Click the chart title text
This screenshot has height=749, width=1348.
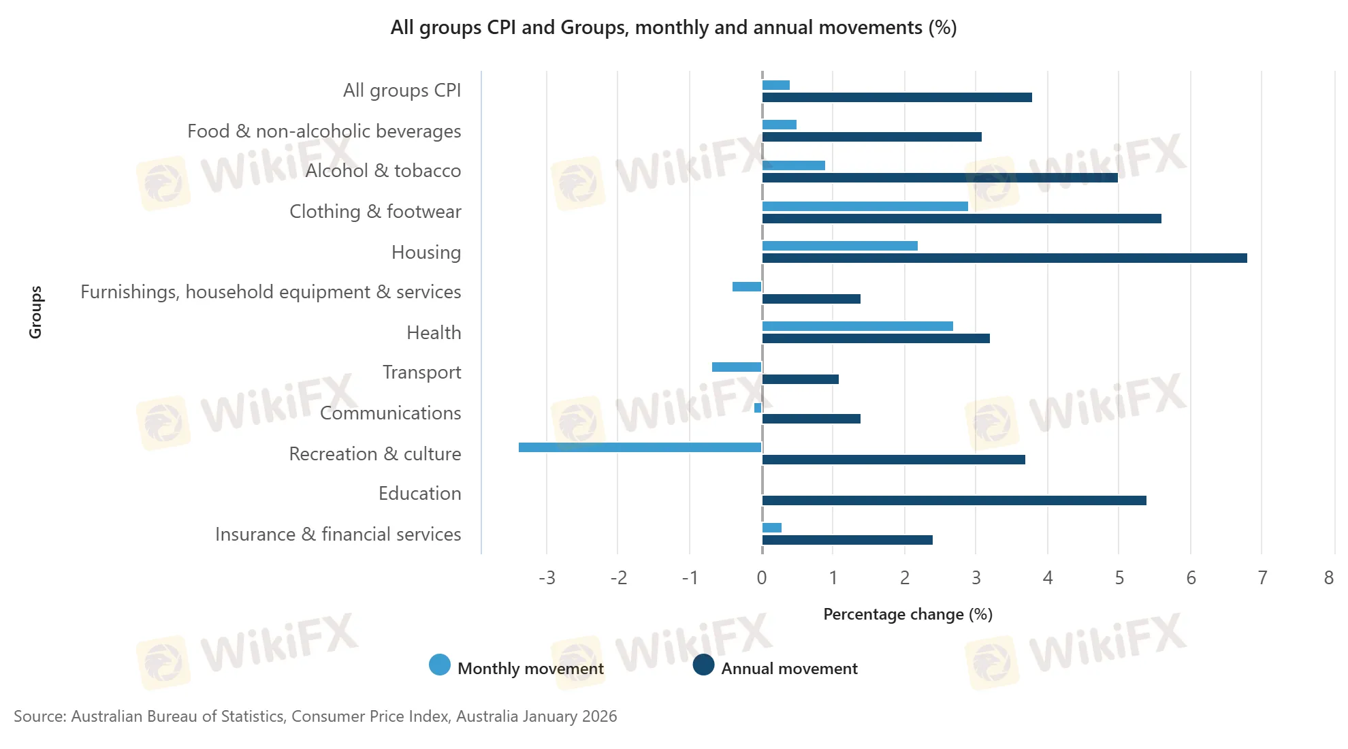(673, 28)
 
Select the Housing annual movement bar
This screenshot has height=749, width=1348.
(1004, 258)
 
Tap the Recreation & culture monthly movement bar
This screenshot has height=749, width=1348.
(640, 447)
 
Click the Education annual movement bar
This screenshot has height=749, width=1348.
(954, 500)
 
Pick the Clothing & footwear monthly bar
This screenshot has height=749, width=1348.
(865, 206)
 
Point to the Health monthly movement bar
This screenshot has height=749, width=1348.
(857, 326)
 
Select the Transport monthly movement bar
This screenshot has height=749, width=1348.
(737, 367)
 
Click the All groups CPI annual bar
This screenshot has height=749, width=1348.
(897, 97)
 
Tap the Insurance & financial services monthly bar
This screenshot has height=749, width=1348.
(772, 528)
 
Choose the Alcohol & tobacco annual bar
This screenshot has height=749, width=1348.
(940, 178)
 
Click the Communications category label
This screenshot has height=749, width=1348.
(390, 413)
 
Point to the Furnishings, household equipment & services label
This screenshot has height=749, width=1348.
(270, 292)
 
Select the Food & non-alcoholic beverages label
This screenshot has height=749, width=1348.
(324, 131)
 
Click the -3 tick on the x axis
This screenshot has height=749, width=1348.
(547, 578)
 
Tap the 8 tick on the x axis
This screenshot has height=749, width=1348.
(1328, 578)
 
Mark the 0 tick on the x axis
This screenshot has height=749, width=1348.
(761, 578)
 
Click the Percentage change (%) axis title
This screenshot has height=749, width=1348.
(908, 614)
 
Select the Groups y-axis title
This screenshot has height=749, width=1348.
(35, 312)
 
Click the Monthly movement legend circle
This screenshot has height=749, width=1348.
(440, 665)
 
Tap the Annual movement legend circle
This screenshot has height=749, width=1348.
(703, 665)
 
